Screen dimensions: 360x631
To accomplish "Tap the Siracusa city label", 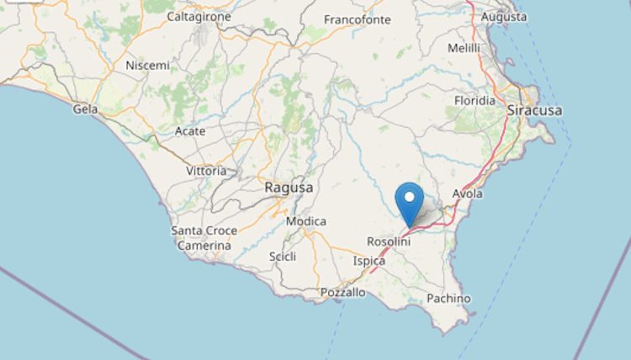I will point(534,110).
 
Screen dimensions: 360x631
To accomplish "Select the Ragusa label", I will point(289,188).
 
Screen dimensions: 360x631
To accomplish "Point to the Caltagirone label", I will point(199,16).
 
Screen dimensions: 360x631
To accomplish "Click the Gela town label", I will point(85,109).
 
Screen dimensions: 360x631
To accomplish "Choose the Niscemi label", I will point(147,65).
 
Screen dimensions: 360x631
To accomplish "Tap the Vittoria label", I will point(206,171).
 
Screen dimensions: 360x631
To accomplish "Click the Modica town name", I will point(306,221).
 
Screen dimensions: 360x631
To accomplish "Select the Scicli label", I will point(283,257).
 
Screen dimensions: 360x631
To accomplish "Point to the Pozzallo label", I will point(343,293).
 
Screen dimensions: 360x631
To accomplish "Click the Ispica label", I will point(369,261).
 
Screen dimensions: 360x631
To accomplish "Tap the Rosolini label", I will point(389,241).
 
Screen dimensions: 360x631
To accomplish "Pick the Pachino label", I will point(448,299).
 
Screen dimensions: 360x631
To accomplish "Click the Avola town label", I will point(468,193).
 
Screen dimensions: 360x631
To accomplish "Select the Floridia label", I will point(475,100).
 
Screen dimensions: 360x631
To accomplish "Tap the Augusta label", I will point(504,16).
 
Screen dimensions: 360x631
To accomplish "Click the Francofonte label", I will point(358,19).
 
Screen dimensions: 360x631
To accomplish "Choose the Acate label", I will point(189,131).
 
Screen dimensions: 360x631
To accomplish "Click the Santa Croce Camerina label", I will point(204,238).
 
